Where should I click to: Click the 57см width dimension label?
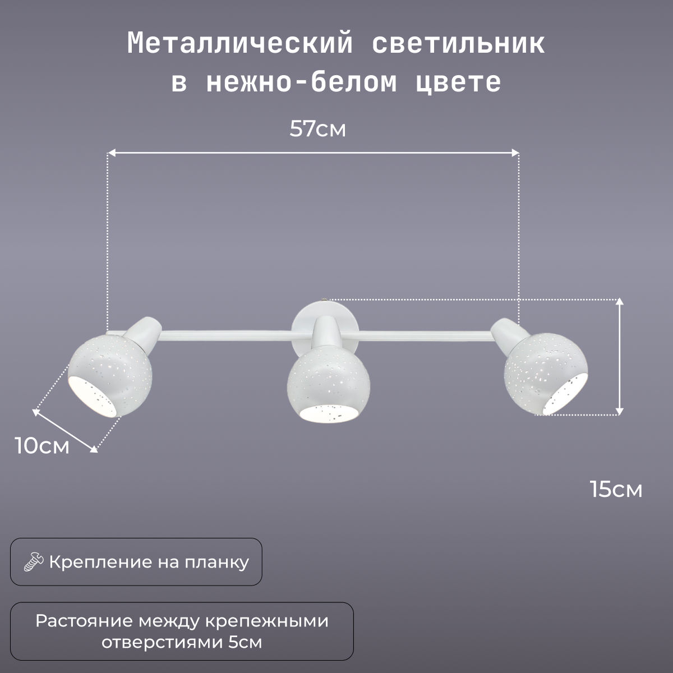tap(317, 130)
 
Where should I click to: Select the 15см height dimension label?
tap(616, 489)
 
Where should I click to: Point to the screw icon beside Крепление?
tap(34, 562)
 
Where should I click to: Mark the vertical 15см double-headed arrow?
tap(619, 357)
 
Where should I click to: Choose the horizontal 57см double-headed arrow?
tap(313, 152)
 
